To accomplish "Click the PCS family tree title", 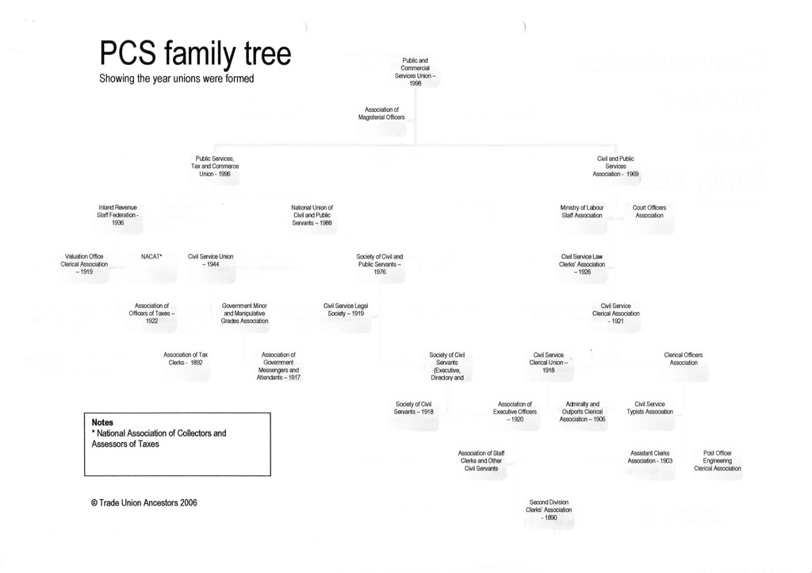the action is [x=195, y=54].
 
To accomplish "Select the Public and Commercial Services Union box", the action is [x=415, y=71].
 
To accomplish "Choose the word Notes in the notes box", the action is [x=102, y=422].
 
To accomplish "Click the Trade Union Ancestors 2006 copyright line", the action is [x=144, y=502].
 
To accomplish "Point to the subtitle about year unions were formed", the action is [x=177, y=79].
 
